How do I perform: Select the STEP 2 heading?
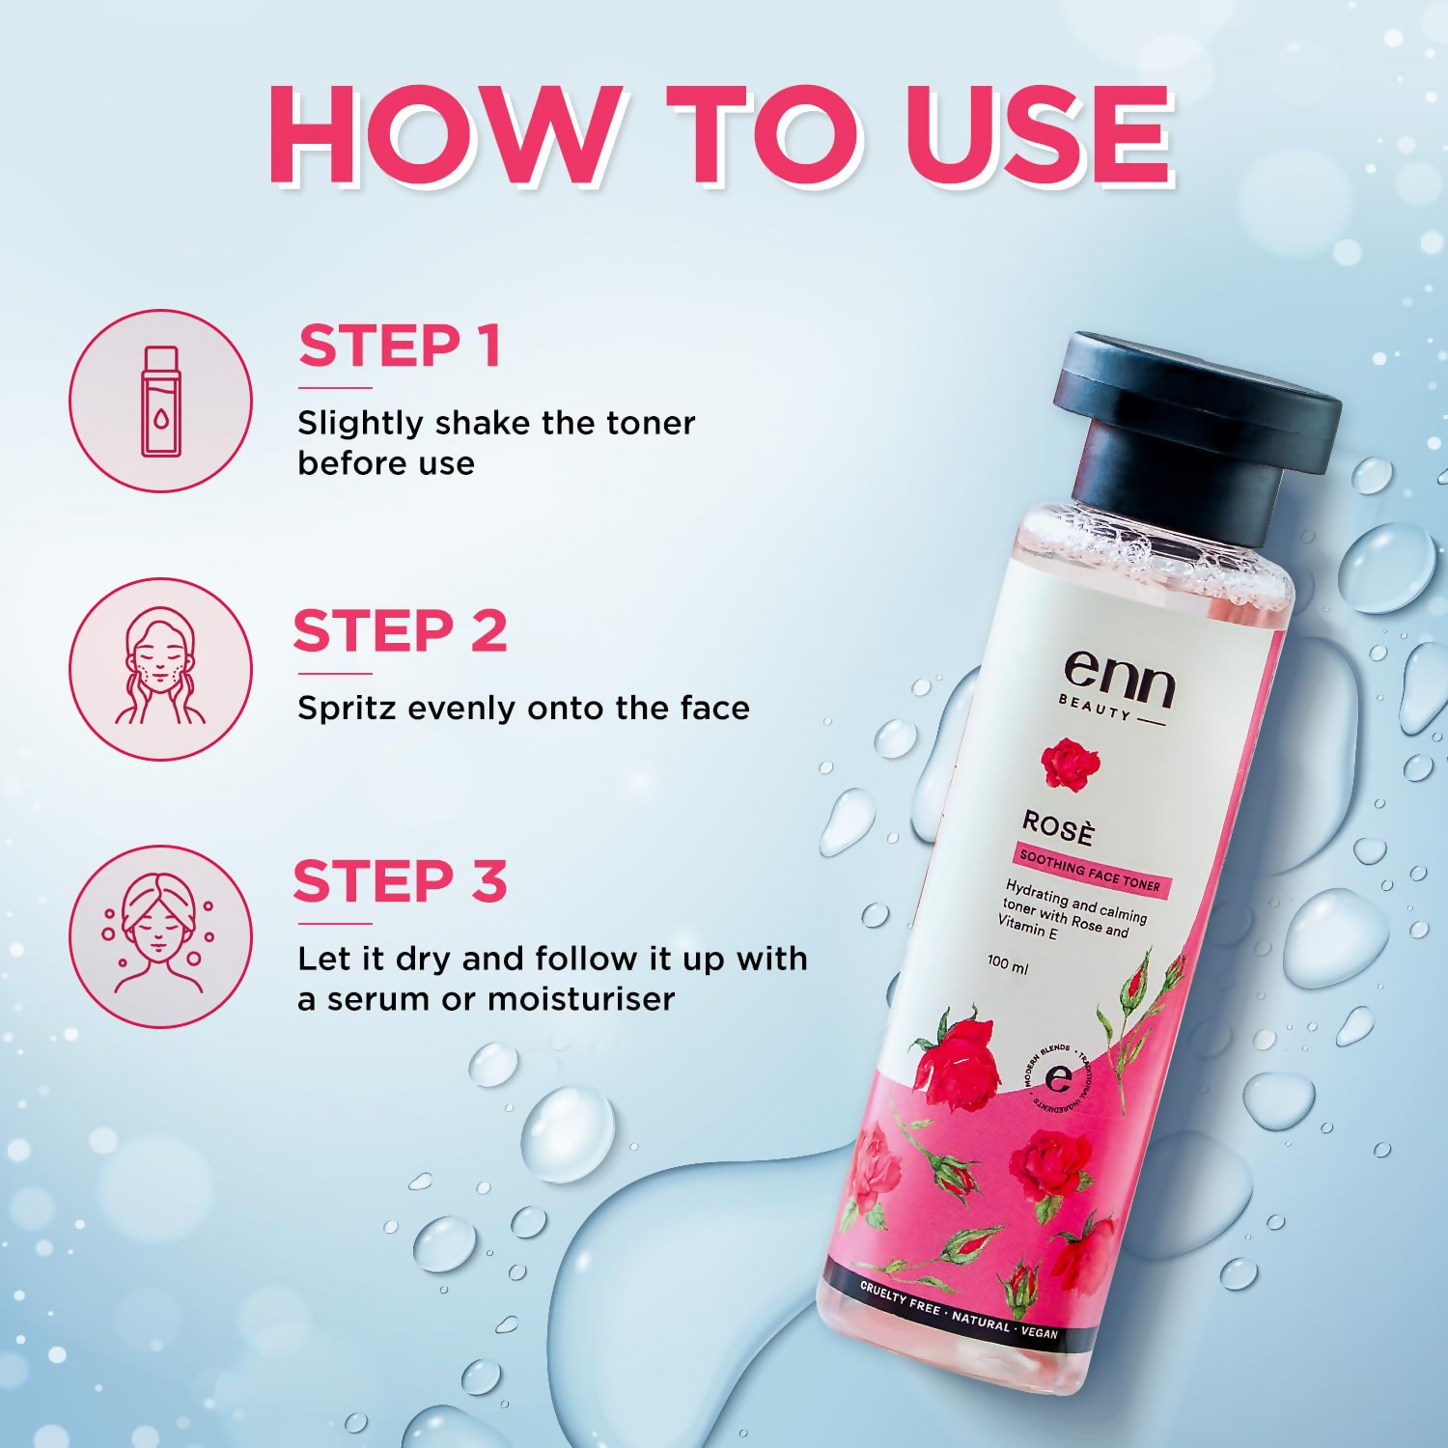point(400,631)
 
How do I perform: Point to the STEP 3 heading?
point(400,881)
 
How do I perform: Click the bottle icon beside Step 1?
point(160,401)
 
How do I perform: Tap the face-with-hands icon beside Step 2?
point(160,668)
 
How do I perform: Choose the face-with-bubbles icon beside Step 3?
point(160,936)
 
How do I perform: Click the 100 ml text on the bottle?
point(1007,962)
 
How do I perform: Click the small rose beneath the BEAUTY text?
point(1070,763)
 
